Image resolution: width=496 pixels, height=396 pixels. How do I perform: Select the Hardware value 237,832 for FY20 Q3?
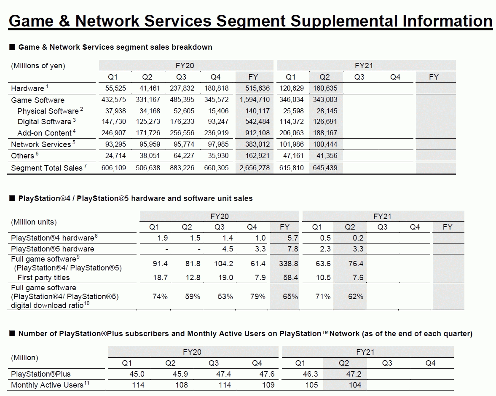(182, 88)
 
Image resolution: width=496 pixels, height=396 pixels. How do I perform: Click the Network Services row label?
(41, 144)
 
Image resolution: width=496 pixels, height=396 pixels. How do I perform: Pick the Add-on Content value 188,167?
(325, 133)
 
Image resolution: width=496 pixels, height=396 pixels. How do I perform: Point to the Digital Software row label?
(44, 122)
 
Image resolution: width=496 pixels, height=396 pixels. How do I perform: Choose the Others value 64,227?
(182, 155)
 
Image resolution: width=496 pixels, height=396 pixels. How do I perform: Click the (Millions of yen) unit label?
(38, 66)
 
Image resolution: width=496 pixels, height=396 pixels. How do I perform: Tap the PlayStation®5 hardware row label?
(53, 249)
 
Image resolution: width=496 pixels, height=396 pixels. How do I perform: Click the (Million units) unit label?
(34, 222)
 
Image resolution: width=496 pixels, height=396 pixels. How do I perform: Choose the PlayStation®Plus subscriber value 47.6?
(265, 374)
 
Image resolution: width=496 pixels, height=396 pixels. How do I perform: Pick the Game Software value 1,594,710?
(255, 100)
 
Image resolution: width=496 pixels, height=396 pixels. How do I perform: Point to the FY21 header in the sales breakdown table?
(364, 66)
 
